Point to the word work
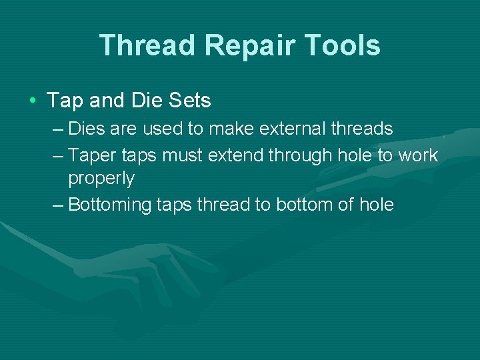(418, 155)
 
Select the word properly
(101, 179)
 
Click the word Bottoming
(110, 205)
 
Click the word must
(183, 155)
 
